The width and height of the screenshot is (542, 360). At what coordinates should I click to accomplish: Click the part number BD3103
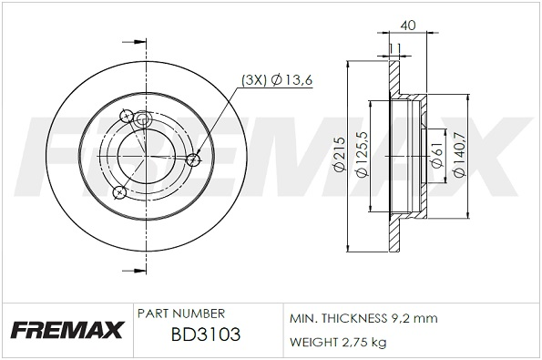click(206, 334)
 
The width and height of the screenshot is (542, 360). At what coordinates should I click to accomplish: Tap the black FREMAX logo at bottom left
click(67, 330)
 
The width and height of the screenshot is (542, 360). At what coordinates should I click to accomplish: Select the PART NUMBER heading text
click(181, 314)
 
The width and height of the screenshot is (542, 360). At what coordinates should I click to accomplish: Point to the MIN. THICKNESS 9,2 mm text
click(363, 318)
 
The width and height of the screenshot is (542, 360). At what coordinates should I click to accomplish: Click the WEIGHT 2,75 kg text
click(338, 342)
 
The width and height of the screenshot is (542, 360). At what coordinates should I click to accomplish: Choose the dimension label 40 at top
click(408, 26)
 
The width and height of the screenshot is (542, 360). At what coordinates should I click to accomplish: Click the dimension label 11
click(394, 48)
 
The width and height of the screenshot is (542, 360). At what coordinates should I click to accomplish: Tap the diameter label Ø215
click(340, 154)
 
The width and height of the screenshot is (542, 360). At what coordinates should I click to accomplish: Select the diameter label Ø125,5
click(363, 154)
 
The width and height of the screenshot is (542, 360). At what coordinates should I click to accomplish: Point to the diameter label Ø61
click(437, 155)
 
